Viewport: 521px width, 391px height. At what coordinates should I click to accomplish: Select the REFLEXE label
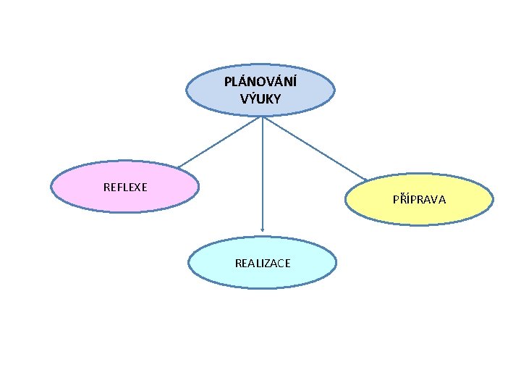pos(125,187)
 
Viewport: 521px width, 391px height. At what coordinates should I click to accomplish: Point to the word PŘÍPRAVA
pos(419,198)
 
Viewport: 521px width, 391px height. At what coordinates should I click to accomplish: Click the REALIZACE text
pos(263,264)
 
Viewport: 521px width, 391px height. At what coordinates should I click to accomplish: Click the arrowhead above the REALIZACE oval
pos(262,230)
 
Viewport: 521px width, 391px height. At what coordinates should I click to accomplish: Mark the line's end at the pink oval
pos(177,169)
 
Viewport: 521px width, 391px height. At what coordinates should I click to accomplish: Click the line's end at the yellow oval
pos(367,179)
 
